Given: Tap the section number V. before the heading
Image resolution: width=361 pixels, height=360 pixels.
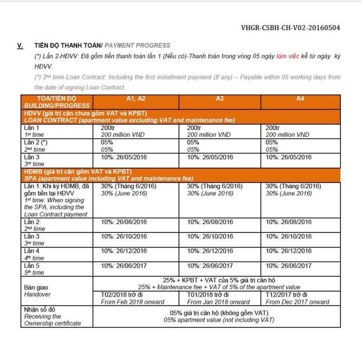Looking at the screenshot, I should (x=20, y=45).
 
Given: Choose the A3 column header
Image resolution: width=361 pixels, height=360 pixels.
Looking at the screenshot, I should (x=219, y=99).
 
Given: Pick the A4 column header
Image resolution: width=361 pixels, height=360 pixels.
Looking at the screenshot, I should (x=300, y=99).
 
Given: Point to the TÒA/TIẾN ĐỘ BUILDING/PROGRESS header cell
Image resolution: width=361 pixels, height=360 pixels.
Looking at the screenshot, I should (x=57, y=102).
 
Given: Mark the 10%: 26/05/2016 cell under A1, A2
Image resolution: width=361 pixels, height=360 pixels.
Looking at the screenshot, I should (x=124, y=157).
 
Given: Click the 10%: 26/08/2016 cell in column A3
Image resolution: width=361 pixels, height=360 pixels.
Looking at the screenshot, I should (x=210, y=222).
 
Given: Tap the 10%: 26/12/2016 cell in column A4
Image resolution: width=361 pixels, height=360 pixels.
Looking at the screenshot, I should (x=288, y=251).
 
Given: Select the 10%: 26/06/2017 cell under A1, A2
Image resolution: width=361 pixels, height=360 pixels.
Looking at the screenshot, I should (x=124, y=265).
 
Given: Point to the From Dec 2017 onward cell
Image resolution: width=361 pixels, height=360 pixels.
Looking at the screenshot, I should (x=297, y=302).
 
